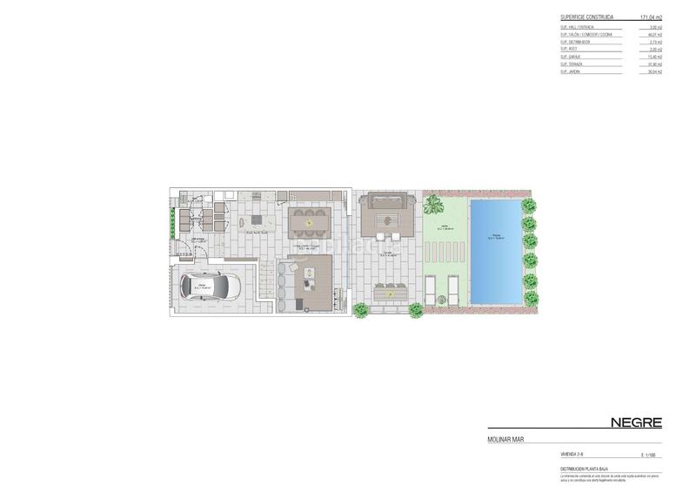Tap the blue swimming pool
tap(495, 253)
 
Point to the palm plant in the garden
tap(432, 206)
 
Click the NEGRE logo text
tap(636, 422)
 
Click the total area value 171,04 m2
tap(651, 17)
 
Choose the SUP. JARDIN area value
tap(654, 71)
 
